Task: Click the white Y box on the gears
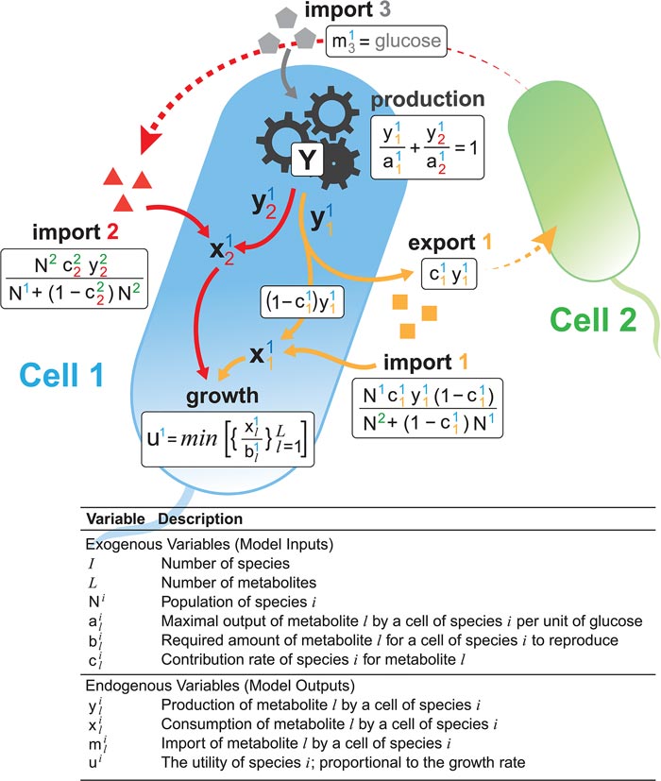306,162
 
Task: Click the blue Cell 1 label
63,376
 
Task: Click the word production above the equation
428,99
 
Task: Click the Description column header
200,519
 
